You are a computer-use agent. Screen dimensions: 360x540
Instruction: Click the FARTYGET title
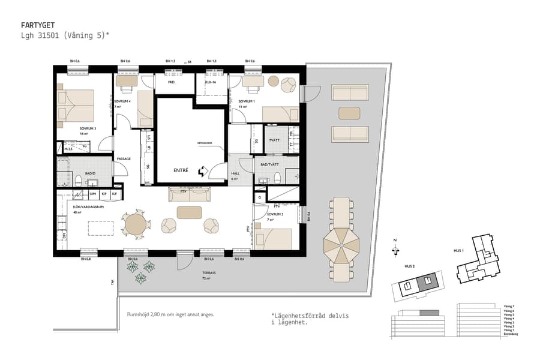[x=37, y=25]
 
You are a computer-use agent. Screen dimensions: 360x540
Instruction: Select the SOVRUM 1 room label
[x=247, y=101]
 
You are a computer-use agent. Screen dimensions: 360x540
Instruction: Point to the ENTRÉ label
[x=181, y=170]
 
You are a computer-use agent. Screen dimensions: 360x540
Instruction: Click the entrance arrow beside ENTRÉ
[x=202, y=171]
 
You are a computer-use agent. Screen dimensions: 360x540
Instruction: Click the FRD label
[x=171, y=82]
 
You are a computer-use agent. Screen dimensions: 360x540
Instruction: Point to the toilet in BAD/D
[x=78, y=179]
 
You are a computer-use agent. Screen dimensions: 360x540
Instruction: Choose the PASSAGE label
[x=124, y=158]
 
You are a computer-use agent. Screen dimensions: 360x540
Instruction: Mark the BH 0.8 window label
[x=86, y=259]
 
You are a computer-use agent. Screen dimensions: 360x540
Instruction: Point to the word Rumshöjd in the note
[x=137, y=314]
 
